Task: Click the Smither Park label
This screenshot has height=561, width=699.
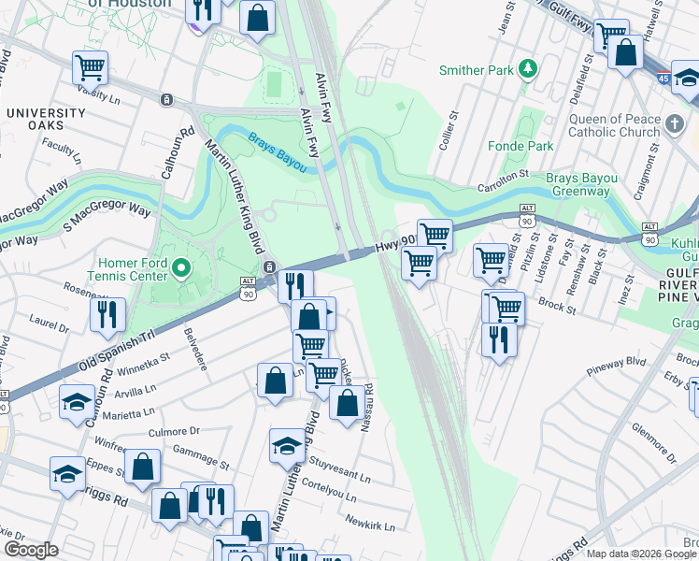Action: point(476,70)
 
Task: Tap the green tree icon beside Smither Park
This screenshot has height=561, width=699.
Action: point(528,68)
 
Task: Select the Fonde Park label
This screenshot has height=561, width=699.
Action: point(521,146)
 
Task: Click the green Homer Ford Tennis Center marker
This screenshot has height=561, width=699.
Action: point(181,271)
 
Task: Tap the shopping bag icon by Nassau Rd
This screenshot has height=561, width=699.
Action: point(348,403)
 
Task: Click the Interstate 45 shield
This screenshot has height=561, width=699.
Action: point(663,79)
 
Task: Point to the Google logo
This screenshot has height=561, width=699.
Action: point(31,550)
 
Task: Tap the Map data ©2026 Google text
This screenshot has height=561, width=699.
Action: point(640,554)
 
